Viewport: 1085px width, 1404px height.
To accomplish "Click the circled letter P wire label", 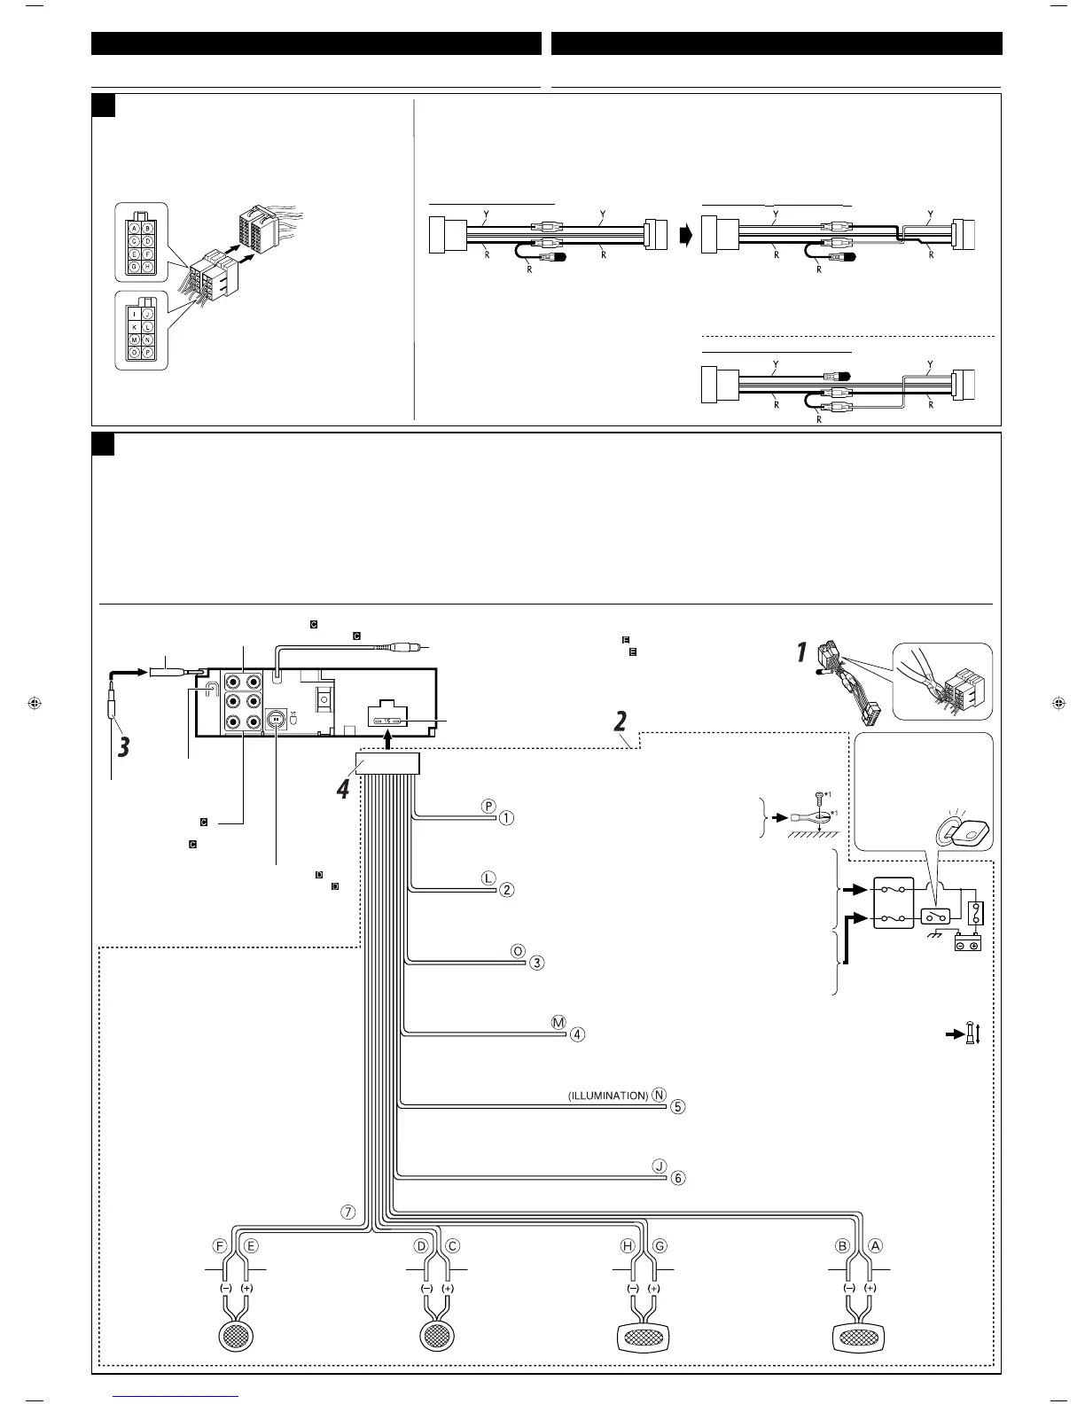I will (488, 806).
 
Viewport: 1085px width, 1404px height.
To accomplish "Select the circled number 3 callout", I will (537, 963).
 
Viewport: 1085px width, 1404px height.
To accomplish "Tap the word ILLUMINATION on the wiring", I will (608, 1096).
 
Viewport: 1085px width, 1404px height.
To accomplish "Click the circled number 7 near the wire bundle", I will (350, 1212).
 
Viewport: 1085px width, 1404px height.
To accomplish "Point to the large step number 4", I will (344, 787).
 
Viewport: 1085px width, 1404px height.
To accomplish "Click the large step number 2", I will (623, 721).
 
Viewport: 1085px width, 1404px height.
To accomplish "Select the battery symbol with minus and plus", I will (966, 945).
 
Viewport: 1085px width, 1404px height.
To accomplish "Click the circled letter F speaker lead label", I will (221, 1245).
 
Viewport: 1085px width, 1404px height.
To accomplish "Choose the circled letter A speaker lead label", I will (875, 1245).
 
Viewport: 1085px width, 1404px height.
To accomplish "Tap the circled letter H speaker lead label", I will (627, 1245).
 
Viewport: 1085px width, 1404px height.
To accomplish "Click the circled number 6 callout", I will (678, 1178).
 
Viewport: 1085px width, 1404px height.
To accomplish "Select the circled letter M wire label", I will (558, 1022).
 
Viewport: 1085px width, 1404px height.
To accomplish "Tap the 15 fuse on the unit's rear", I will (387, 721).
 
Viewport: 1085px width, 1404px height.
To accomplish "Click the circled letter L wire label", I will (488, 877).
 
